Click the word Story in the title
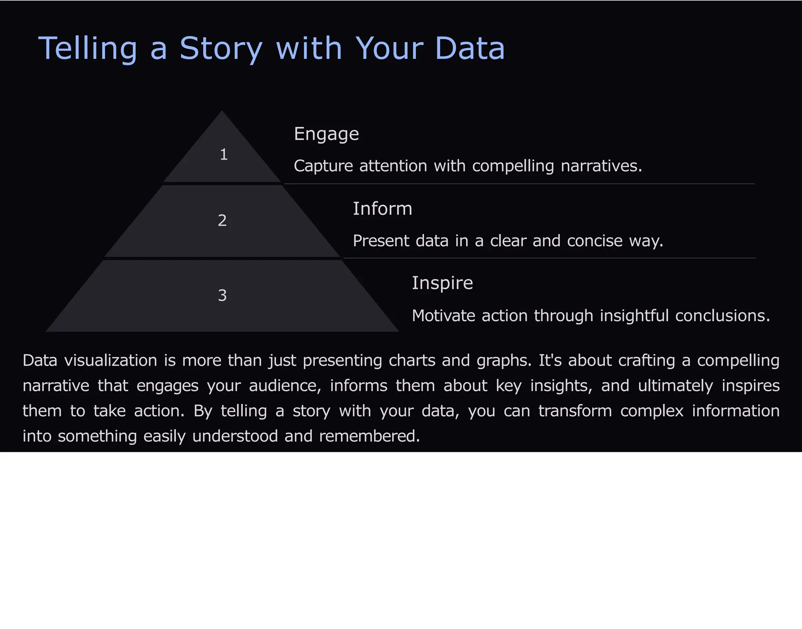220,49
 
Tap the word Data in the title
470,49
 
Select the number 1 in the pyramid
224,154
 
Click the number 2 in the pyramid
222,221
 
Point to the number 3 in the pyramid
222,295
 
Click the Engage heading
326,134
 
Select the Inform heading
382,208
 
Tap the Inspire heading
442,283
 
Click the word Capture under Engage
323,166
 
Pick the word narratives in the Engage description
601,166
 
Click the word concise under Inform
594,241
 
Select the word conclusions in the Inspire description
723,315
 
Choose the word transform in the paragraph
575,411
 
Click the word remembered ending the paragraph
369,436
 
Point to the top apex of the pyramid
222,112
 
